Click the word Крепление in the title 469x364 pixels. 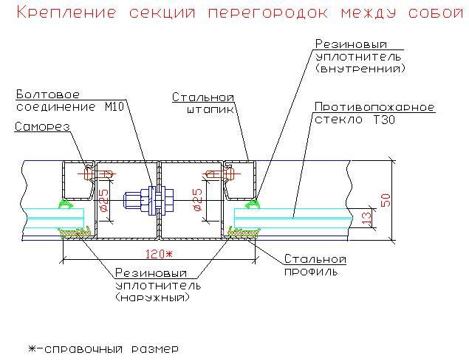coord(66,13)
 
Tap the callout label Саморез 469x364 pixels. coord(42,127)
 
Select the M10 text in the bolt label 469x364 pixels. coord(114,106)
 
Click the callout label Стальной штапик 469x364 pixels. coord(203,103)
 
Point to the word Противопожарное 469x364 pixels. coord(374,107)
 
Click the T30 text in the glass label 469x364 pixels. coord(384,120)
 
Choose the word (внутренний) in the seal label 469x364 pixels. coord(360,69)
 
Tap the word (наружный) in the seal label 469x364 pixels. coord(153,298)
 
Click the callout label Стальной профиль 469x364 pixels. coord(315,265)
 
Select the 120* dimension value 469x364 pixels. coord(159,254)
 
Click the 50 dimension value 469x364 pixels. coord(386,200)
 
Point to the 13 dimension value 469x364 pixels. coord(367,218)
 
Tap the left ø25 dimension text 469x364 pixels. coord(104,201)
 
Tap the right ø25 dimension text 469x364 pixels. coord(198,200)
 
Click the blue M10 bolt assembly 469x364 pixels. coord(148,200)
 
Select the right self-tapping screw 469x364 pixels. coord(221,174)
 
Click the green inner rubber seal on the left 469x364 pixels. coord(66,203)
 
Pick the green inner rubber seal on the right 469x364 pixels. coord(253,204)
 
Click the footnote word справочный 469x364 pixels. coord(83,349)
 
